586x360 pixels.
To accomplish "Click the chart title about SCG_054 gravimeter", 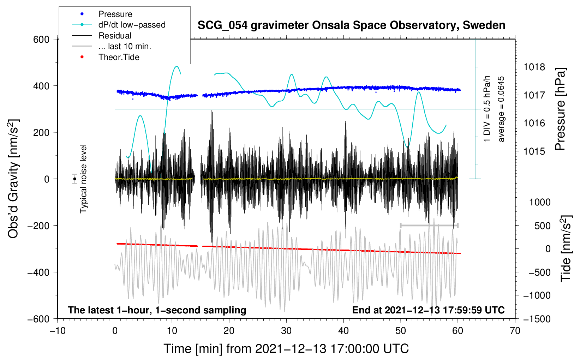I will [x=351, y=25].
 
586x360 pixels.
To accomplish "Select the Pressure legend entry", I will [x=115, y=14].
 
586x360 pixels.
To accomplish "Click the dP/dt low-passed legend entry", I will [x=132, y=25].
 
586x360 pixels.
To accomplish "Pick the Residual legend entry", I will [x=115, y=36].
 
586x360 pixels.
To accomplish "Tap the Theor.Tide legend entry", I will [x=119, y=57].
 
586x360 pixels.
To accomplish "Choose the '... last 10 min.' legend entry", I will [x=125, y=46].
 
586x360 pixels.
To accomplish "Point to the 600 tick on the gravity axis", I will [x=41, y=40].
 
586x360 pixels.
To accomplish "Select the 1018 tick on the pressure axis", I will [x=534, y=67].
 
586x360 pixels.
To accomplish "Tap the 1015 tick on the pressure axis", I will [x=534, y=151].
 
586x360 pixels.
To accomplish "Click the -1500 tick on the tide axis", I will [x=537, y=319].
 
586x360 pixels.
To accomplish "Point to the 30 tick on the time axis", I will [x=286, y=331].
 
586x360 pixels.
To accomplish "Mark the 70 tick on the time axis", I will [x=515, y=331].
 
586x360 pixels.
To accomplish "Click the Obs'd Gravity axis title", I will [x=13, y=179].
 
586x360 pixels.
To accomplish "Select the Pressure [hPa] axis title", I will [x=561, y=109].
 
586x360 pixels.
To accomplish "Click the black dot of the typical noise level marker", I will [x=74, y=179].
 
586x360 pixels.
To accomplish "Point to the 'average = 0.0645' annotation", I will [x=501, y=109].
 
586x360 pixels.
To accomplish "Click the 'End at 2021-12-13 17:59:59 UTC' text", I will [x=428, y=310].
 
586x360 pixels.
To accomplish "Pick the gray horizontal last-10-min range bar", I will [x=429, y=225].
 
